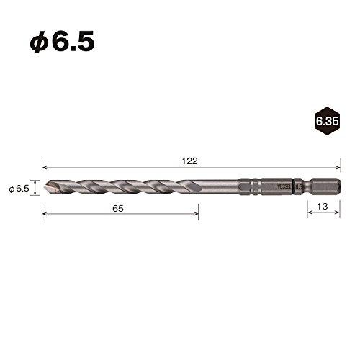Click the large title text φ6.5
pyautogui.click(x=62, y=39)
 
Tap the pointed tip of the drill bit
pyautogui.click(x=45, y=188)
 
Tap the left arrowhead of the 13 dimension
pyautogui.click(x=309, y=214)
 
